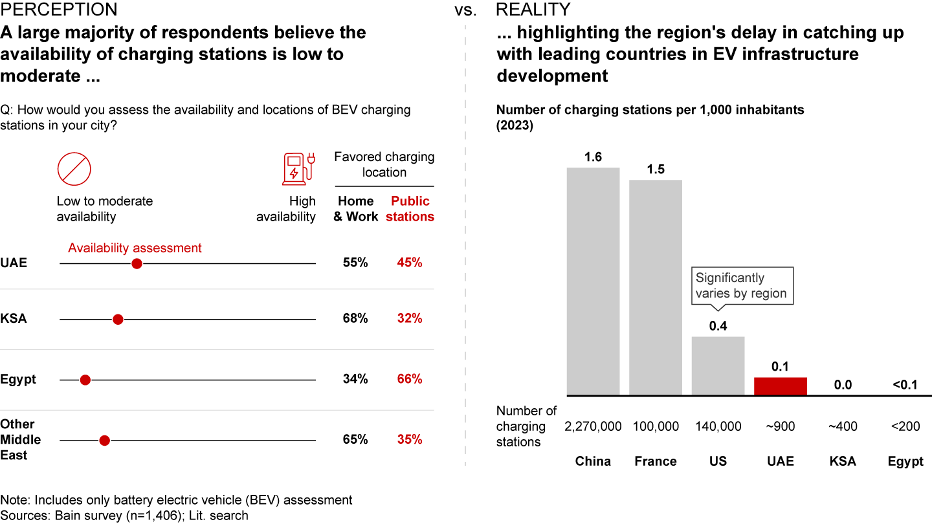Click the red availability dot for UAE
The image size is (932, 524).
coord(136,264)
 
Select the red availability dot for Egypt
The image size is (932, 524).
coord(85,380)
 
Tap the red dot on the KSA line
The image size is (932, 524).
coord(118,319)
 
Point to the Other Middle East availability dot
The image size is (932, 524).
coord(104,441)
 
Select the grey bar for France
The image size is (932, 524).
coord(656,287)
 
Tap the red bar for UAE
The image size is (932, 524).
coord(781,386)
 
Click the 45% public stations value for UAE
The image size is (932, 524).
coord(410,263)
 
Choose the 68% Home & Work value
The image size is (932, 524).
coord(355,318)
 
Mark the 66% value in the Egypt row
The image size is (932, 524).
coord(410,379)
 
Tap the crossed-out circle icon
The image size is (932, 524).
coord(74,169)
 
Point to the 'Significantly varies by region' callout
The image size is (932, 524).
coord(741,286)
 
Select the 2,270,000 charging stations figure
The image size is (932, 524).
coord(593,426)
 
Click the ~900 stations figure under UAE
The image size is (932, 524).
coord(781,426)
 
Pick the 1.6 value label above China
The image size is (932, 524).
coord(593,157)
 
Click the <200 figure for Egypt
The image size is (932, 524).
coord(905,426)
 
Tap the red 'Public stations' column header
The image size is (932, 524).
coord(410,209)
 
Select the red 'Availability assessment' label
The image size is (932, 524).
coord(135,248)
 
